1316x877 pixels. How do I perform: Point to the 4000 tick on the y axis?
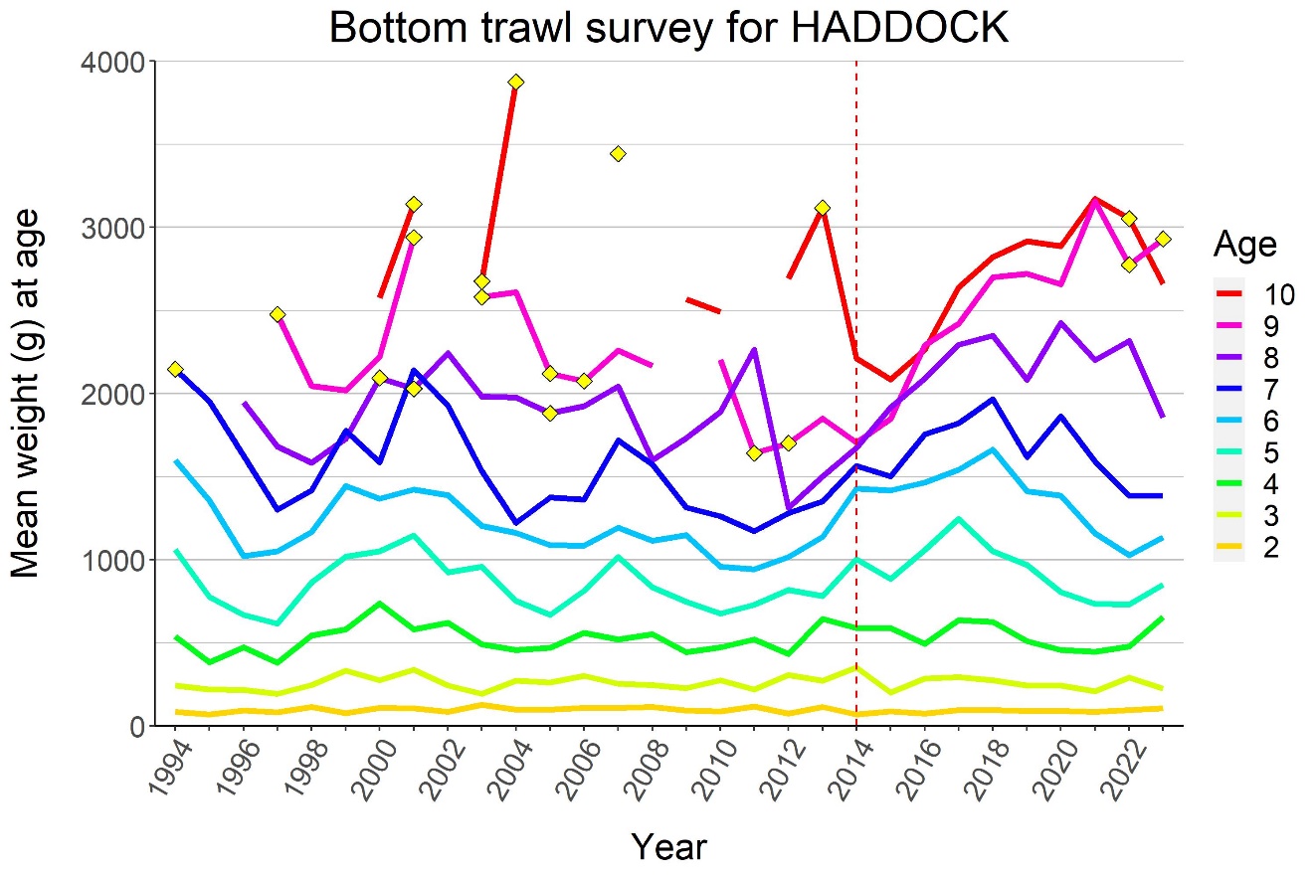click(120, 62)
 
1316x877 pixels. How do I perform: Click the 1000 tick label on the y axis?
click(120, 560)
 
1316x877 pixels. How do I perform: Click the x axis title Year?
click(669, 847)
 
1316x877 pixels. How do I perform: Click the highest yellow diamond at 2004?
click(515, 82)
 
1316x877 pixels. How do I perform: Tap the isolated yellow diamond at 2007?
click(618, 153)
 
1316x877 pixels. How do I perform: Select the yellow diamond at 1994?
click(175, 369)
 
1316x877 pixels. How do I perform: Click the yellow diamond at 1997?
click(278, 314)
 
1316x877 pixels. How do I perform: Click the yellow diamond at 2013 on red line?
click(822, 208)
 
